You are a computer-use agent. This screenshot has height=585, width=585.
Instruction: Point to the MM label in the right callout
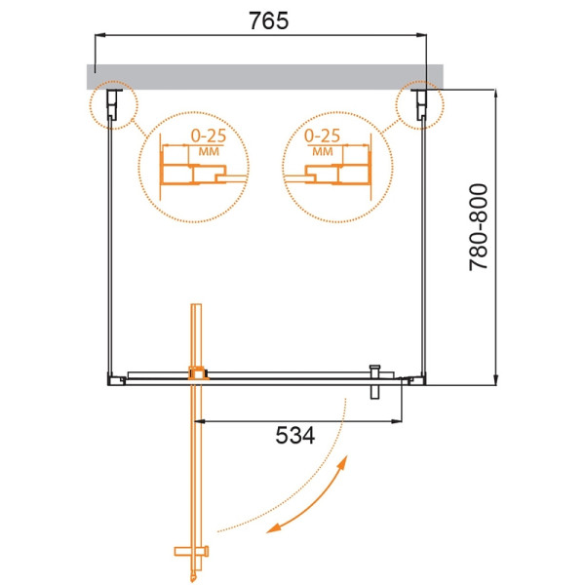tap(322, 153)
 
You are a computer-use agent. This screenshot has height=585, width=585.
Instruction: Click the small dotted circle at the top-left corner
tap(110, 102)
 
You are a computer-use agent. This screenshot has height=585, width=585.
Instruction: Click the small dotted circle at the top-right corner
tap(419, 102)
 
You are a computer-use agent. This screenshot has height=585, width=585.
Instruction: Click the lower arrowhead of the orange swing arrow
tap(277, 529)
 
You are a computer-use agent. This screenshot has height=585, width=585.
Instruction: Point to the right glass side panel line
tap(426, 244)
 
